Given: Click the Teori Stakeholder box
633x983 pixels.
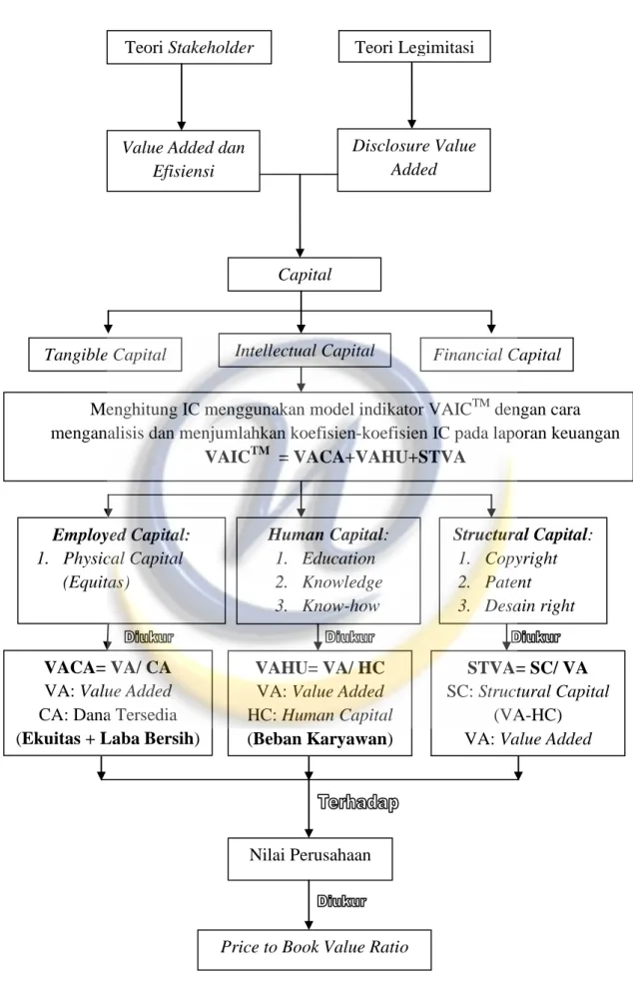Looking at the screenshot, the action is tap(189, 47).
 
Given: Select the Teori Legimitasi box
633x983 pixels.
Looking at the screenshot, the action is tap(414, 47).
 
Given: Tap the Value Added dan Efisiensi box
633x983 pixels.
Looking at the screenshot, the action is tap(183, 161).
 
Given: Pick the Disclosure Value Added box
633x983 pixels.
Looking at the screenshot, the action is tap(413, 159).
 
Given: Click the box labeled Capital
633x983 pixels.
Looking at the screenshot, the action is tap(304, 274).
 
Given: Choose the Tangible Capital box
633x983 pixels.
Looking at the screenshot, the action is tap(105, 355).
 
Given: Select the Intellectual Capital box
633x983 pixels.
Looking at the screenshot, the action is tap(305, 350).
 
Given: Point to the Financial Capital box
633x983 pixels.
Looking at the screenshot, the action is tap(496, 355).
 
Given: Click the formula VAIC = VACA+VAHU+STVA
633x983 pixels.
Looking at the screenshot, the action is tap(335, 456).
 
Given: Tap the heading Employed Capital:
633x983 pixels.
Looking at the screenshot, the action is tap(121, 534).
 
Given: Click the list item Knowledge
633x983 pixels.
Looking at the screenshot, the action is tap(342, 582).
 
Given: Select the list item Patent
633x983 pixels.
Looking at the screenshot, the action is tap(507, 582).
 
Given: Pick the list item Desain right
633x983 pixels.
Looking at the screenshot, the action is tap(529, 605).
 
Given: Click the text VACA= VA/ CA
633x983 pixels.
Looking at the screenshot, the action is tap(107, 667).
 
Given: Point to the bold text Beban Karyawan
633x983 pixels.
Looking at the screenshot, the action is tap(319, 738).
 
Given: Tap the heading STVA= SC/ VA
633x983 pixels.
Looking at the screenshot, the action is tap(527, 667).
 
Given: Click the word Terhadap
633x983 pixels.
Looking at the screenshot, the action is tap(357, 802).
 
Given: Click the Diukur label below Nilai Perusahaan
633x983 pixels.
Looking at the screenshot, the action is tap(341, 901).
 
